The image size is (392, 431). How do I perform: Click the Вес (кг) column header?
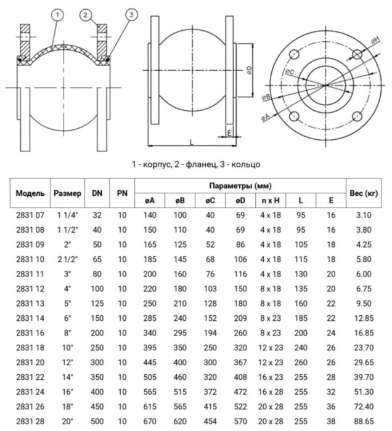click(x=363, y=193)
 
